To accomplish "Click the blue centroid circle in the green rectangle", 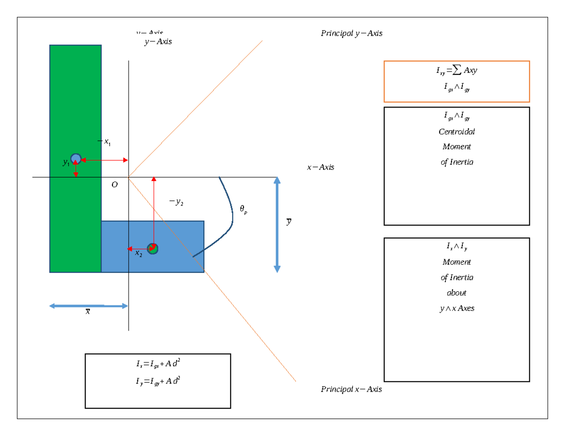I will [76, 159].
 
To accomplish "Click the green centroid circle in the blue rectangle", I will [152, 248].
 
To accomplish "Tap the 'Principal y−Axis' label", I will [351, 33].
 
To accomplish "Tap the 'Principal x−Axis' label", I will [351, 389].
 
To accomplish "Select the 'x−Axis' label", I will [320, 167].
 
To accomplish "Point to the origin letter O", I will [114, 185].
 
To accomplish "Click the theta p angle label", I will [243, 210].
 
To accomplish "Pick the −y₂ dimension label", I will [176, 202].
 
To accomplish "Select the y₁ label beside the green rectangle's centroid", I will [66, 163].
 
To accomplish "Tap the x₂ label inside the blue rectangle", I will [138, 254].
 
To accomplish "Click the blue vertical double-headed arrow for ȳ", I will [277, 225].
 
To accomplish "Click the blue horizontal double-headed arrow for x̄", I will [89, 306].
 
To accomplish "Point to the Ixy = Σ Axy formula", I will [456, 71].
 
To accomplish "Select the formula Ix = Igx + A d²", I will [157, 364].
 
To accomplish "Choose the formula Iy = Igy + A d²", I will [157, 381].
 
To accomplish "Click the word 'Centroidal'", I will [456, 132].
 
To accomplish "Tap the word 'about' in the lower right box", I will [456, 293].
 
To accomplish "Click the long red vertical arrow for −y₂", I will [153, 212].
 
